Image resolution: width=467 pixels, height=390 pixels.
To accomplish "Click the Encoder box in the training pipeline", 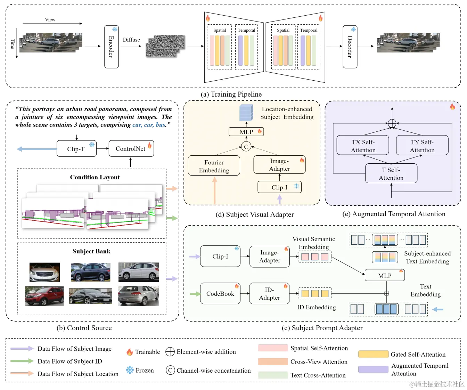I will pos(112,47).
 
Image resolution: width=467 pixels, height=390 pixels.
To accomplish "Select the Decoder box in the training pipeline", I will pos(350,47).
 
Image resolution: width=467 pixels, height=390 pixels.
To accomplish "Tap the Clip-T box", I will pos(76,149).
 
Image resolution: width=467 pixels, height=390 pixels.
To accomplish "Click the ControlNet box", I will pos(131,149).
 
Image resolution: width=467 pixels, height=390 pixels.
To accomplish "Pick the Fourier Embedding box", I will pos(214,166).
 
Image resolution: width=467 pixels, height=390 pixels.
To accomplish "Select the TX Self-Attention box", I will pos(363,146).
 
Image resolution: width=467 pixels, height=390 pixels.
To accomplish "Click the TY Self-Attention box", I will pos(422,146).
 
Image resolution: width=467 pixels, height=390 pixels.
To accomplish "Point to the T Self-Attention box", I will pos(391,173).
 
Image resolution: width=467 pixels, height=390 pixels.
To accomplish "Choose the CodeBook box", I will pos(220,294).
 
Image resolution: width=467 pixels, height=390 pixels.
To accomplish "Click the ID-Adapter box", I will pos(270,294).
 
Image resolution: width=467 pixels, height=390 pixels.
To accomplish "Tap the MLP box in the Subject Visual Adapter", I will pos(246,132).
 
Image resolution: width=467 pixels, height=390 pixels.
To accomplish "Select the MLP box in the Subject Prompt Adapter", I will pos(385,275).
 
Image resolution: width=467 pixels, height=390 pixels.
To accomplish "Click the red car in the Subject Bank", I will pos(44,296).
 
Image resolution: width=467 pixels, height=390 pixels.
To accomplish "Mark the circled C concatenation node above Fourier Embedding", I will pos(246,147).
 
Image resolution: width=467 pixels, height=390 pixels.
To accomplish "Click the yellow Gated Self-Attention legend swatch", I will pos(373,354).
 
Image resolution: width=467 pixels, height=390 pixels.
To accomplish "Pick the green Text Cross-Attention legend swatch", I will pos(273,375).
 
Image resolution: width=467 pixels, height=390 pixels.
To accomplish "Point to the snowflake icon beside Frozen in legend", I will pos(130,370).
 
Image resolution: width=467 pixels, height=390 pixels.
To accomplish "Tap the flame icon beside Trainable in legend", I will pos(130,352).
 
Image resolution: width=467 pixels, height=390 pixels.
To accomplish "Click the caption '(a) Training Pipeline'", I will pos(231,94).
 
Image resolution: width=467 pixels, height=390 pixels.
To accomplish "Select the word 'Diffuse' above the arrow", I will pos(131,40).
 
